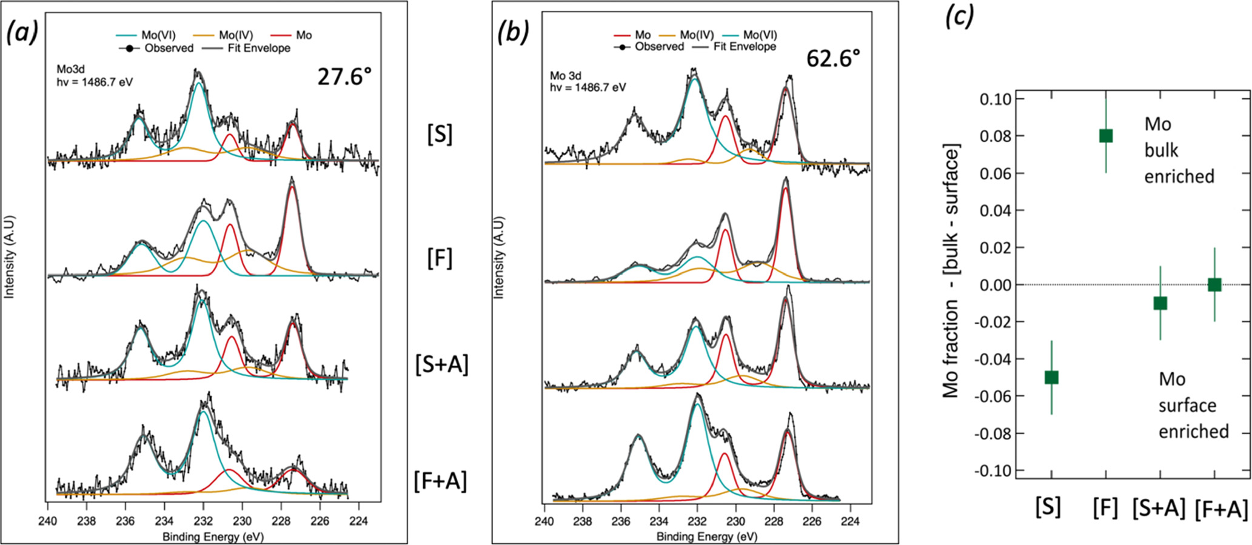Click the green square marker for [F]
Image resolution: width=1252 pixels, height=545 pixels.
(1106, 136)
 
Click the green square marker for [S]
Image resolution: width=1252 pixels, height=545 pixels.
(1051, 377)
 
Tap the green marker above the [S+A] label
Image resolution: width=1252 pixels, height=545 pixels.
(1160, 303)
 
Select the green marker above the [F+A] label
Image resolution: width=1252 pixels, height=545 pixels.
(1214, 284)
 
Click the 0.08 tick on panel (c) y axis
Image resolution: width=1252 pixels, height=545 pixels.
(992, 136)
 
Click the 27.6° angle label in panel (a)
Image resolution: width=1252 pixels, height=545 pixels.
(344, 78)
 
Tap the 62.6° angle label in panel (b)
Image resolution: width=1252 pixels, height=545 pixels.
(833, 59)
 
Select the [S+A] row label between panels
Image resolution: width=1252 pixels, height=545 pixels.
(441, 365)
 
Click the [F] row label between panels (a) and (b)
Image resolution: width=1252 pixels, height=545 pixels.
(439, 259)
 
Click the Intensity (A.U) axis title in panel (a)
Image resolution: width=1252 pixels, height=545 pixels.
(9, 267)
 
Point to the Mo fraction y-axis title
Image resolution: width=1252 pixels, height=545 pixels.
(951, 271)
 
